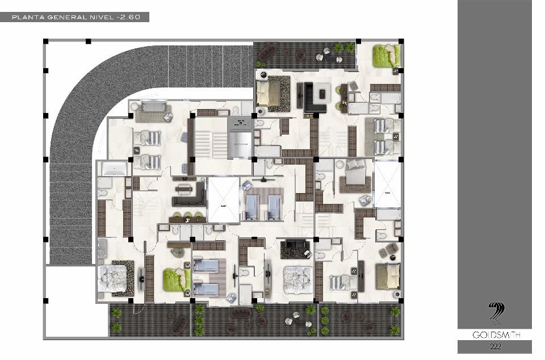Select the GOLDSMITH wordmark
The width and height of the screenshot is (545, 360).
[496, 335]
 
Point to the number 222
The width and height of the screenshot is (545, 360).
[495, 346]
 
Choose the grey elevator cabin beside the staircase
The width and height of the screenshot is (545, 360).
[240, 144]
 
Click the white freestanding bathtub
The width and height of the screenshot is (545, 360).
[114, 169]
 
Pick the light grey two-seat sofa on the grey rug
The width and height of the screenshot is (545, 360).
[154, 106]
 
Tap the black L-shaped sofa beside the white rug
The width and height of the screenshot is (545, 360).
[313, 99]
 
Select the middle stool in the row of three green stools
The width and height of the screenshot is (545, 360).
[188, 215]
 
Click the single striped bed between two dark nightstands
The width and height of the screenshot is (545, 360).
[342, 282]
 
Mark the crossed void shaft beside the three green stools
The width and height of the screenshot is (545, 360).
[223, 200]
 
